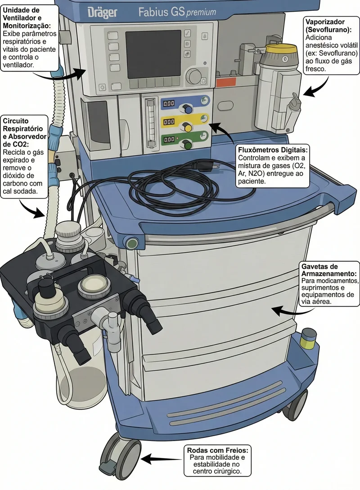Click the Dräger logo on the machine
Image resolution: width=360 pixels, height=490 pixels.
pos(102,13)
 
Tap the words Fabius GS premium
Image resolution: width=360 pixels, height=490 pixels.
pos(177,12)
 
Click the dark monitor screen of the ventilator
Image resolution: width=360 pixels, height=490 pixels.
pos(153,54)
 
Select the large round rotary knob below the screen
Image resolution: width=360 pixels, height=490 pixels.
pos(194,76)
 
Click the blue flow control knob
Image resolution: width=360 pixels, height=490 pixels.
pos(188,109)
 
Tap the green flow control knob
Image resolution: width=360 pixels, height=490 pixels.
pos(188,145)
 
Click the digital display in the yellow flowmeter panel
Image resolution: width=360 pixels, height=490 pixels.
pos(169,121)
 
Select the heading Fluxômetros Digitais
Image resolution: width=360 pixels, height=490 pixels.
pos(273,149)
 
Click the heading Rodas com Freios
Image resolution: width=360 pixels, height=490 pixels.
pos(218,450)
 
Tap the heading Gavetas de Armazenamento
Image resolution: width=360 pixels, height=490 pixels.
pos(328,270)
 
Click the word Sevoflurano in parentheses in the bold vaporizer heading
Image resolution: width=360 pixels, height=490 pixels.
pos(328,30)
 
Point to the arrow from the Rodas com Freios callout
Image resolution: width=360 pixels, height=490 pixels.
pos(162,459)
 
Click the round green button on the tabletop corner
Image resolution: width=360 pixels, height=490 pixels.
pos(132,242)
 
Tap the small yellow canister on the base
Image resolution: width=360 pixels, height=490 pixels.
pos(308,339)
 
